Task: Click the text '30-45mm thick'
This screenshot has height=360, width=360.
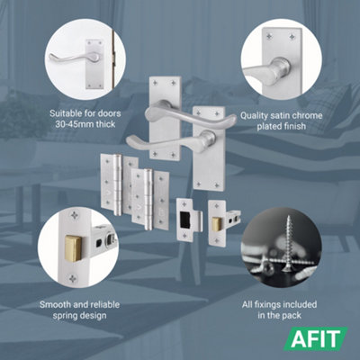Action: [87, 127]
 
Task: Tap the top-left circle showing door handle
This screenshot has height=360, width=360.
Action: [85, 58]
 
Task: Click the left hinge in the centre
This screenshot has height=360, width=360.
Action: [112, 184]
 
